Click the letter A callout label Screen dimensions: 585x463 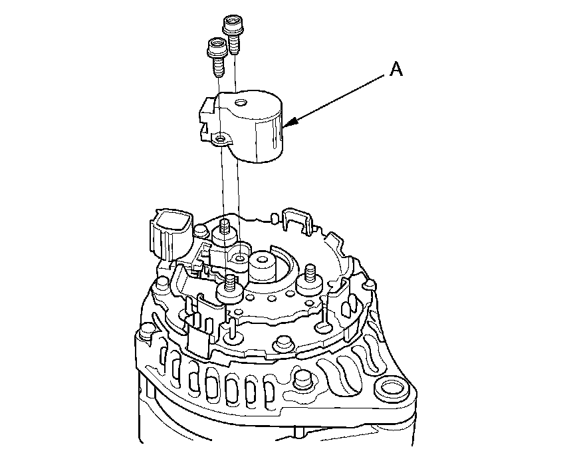pyautogui.click(x=396, y=69)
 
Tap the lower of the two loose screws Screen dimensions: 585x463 pyautogui.click(x=217, y=56)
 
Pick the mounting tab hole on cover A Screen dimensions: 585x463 pyautogui.click(x=221, y=140)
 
